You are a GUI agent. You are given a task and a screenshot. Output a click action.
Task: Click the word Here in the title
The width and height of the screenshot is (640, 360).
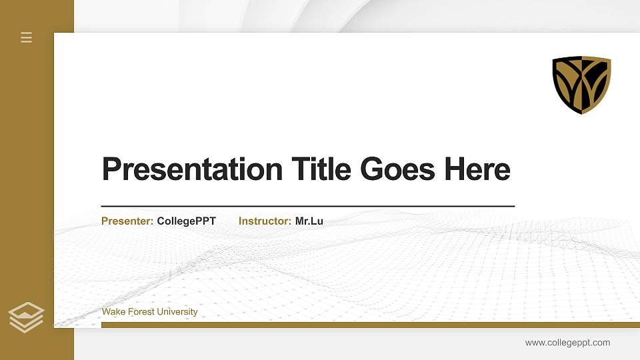pyautogui.click(x=477, y=169)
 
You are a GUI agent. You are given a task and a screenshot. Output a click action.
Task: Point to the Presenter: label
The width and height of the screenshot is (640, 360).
pyautogui.click(x=127, y=221)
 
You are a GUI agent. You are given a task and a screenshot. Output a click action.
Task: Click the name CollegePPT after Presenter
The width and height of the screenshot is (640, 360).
pyautogui.click(x=186, y=221)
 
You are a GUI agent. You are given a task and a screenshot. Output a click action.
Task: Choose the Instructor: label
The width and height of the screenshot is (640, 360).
pyautogui.click(x=265, y=221)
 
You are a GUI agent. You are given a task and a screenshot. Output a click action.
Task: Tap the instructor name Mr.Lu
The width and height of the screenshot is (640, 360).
pyautogui.click(x=309, y=221)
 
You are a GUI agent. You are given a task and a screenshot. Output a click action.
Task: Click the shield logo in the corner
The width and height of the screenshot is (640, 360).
pyautogui.click(x=581, y=85)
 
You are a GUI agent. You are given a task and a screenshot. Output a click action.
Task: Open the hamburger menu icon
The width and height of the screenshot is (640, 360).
pyautogui.click(x=27, y=37)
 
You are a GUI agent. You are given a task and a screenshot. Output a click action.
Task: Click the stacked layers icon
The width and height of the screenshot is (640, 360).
pyautogui.click(x=26, y=317)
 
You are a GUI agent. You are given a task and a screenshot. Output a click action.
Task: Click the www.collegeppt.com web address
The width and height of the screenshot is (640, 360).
pyautogui.click(x=567, y=343)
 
